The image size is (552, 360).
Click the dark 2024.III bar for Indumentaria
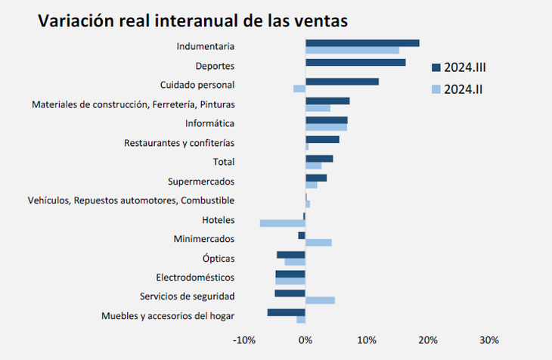362,43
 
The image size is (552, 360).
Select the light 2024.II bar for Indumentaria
352,51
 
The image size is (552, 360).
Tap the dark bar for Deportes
355,63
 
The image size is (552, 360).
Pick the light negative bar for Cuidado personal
299,89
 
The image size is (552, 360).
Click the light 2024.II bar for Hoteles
282,223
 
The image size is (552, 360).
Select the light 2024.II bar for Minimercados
318,243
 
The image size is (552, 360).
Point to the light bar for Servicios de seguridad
320,300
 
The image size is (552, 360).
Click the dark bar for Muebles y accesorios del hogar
287,312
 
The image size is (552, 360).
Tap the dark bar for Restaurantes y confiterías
322,139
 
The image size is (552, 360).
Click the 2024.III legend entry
458,68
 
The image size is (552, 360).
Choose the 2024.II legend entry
457,90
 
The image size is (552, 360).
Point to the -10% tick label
244,340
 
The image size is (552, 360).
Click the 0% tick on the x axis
305,340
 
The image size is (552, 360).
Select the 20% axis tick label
428,340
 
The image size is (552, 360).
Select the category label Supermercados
200,182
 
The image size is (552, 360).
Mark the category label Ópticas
219,259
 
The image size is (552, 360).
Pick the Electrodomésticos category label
194,278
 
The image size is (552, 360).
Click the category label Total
224,162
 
